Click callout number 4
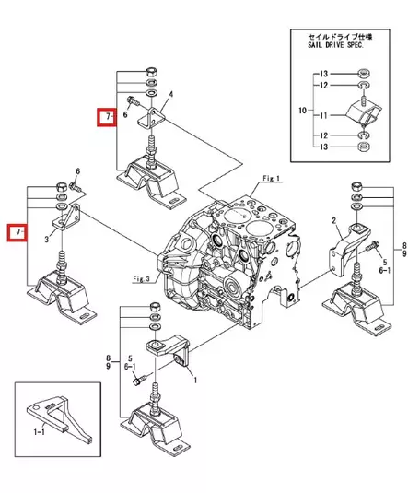[171, 94]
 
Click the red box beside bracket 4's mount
[109, 118]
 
